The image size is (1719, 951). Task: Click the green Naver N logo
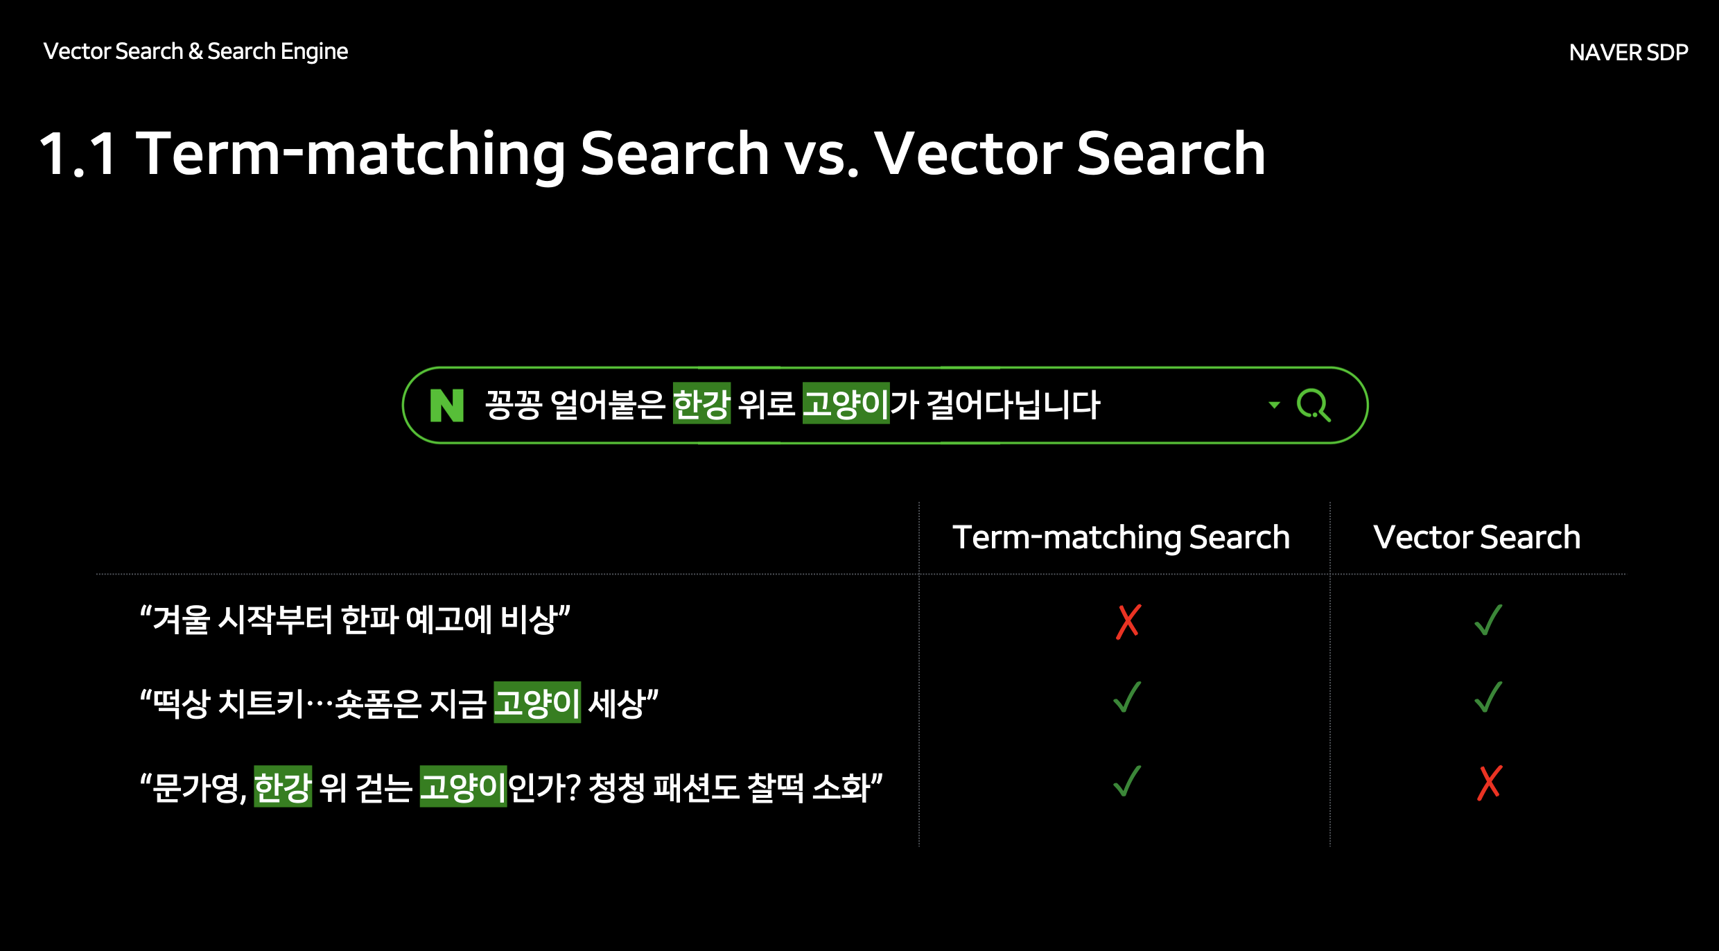pyautogui.click(x=446, y=405)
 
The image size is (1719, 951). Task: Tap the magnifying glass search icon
pyautogui.click(x=1314, y=405)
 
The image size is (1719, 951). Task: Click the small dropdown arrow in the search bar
pyautogui.click(x=1274, y=405)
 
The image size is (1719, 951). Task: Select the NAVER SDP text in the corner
pyautogui.click(x=1628, y=52)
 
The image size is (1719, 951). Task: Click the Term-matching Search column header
pyautogui.click(x=1121, y=538)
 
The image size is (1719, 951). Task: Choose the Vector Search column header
pyautogui.click(x=1477, y=537)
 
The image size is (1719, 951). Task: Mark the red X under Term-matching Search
pyautogui.click(x=1128, y=621)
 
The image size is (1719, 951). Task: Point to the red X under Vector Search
pyautogui.click(x=1490, y=783)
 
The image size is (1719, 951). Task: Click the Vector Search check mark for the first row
pyautogui.click(x=1488, y=620)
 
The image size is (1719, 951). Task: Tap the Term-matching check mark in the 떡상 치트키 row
pyautogui.click(x=1127, y=697)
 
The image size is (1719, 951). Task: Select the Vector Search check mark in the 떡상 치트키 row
pyautogui.click(x=1488, y=697)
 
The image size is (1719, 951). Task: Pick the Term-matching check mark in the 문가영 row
pyautogui.click(x=1127, y=781)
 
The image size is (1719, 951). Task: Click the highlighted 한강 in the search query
pyautogui.click(x=701, y=403)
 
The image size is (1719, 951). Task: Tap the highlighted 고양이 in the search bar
pyautogui.click(x=846, y=403)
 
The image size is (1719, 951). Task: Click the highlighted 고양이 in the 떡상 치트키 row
pyautogui.click(x=537, y=703)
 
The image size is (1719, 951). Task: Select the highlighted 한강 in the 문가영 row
pyautogui.click(x=283, y=787)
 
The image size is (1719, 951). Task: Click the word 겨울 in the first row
pyautogui.click(x=182, y=619)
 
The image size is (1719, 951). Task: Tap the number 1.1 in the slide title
pyautogui.click(x=78, y=154)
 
